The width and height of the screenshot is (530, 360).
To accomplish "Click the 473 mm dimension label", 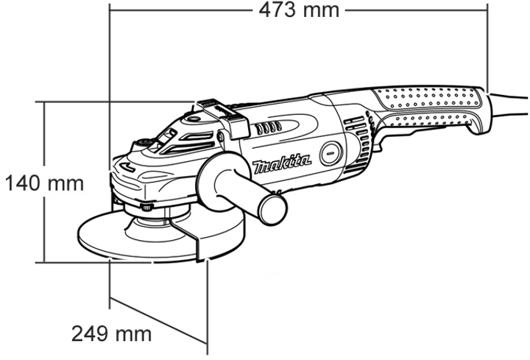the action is click(x=299, y=10).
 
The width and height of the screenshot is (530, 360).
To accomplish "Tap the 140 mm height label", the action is click(x=45, y=183).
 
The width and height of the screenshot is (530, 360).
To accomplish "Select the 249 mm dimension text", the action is click(x=112, y=334).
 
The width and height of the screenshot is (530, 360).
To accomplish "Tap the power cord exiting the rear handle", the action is click(x=509, y=105).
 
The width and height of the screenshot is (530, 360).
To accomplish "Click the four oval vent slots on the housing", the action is click(x=269, y=128).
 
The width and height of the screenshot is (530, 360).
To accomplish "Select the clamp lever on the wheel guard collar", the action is click(x=146, y=207).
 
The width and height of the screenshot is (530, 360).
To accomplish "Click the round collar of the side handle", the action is click(x=220, y=182).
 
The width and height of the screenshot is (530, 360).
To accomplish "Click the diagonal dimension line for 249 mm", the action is click(x=158, y=320).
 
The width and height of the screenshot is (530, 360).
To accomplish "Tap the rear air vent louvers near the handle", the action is click(x=359, y=142).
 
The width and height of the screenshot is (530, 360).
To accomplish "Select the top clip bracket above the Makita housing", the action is click(x=224, y=116).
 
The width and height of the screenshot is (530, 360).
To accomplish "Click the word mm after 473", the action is click(x=321, y=11).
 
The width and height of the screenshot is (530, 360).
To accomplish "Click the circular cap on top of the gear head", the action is click(x=193, y=119).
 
